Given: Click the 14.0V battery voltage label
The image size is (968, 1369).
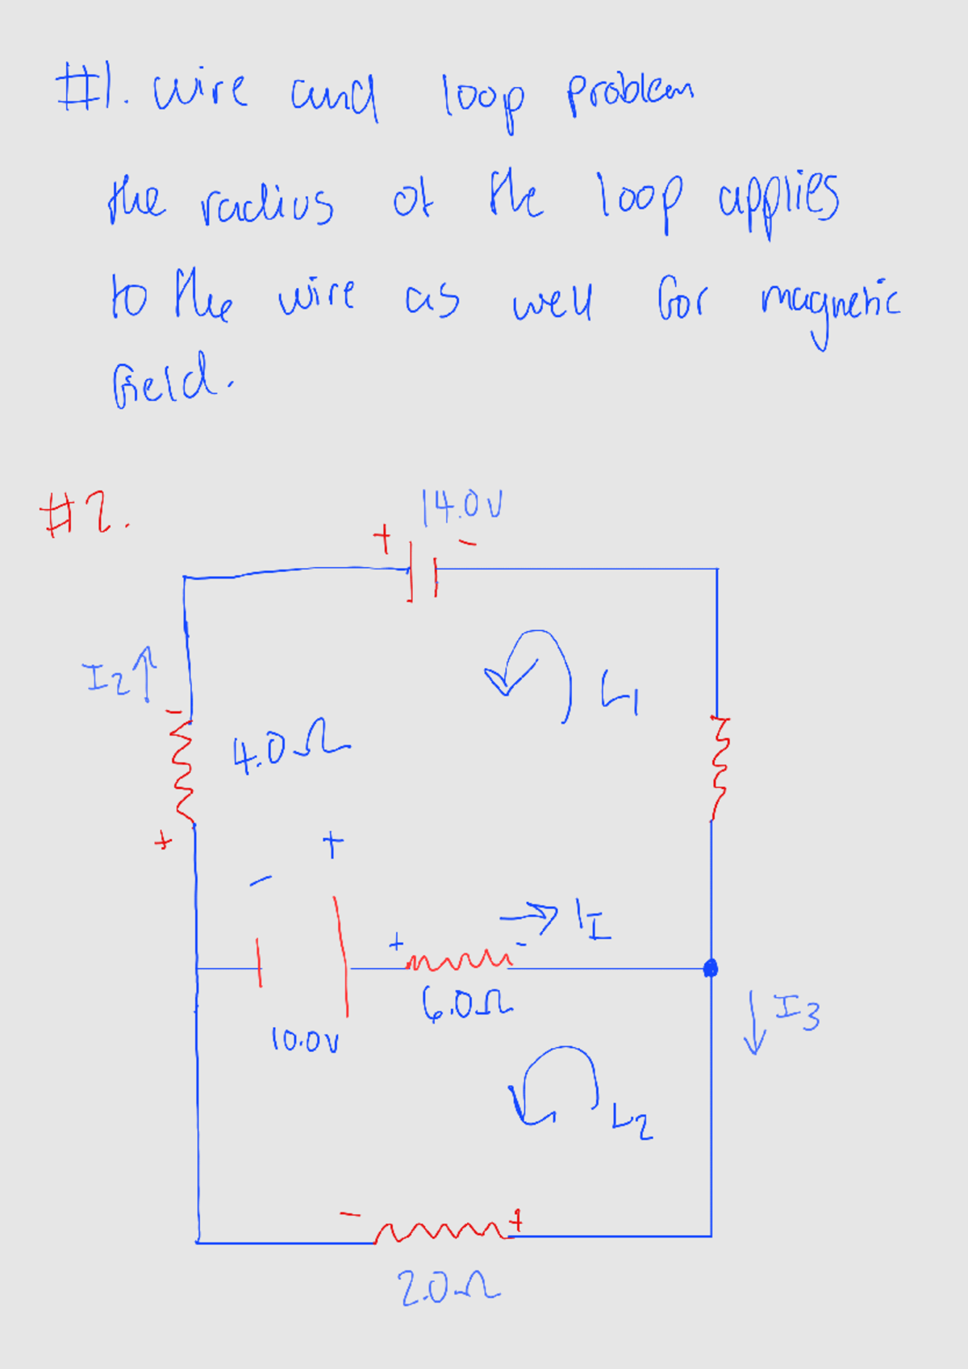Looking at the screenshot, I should click(x=461, y=506).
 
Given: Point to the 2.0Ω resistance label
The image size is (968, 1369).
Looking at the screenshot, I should click(x=449, y=1288).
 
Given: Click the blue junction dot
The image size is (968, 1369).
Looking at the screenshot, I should click(x=710, y=968).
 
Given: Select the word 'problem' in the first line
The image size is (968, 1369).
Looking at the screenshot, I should click(x=629, y=94).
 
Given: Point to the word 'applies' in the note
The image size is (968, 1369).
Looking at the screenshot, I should click(x=778, y=202).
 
